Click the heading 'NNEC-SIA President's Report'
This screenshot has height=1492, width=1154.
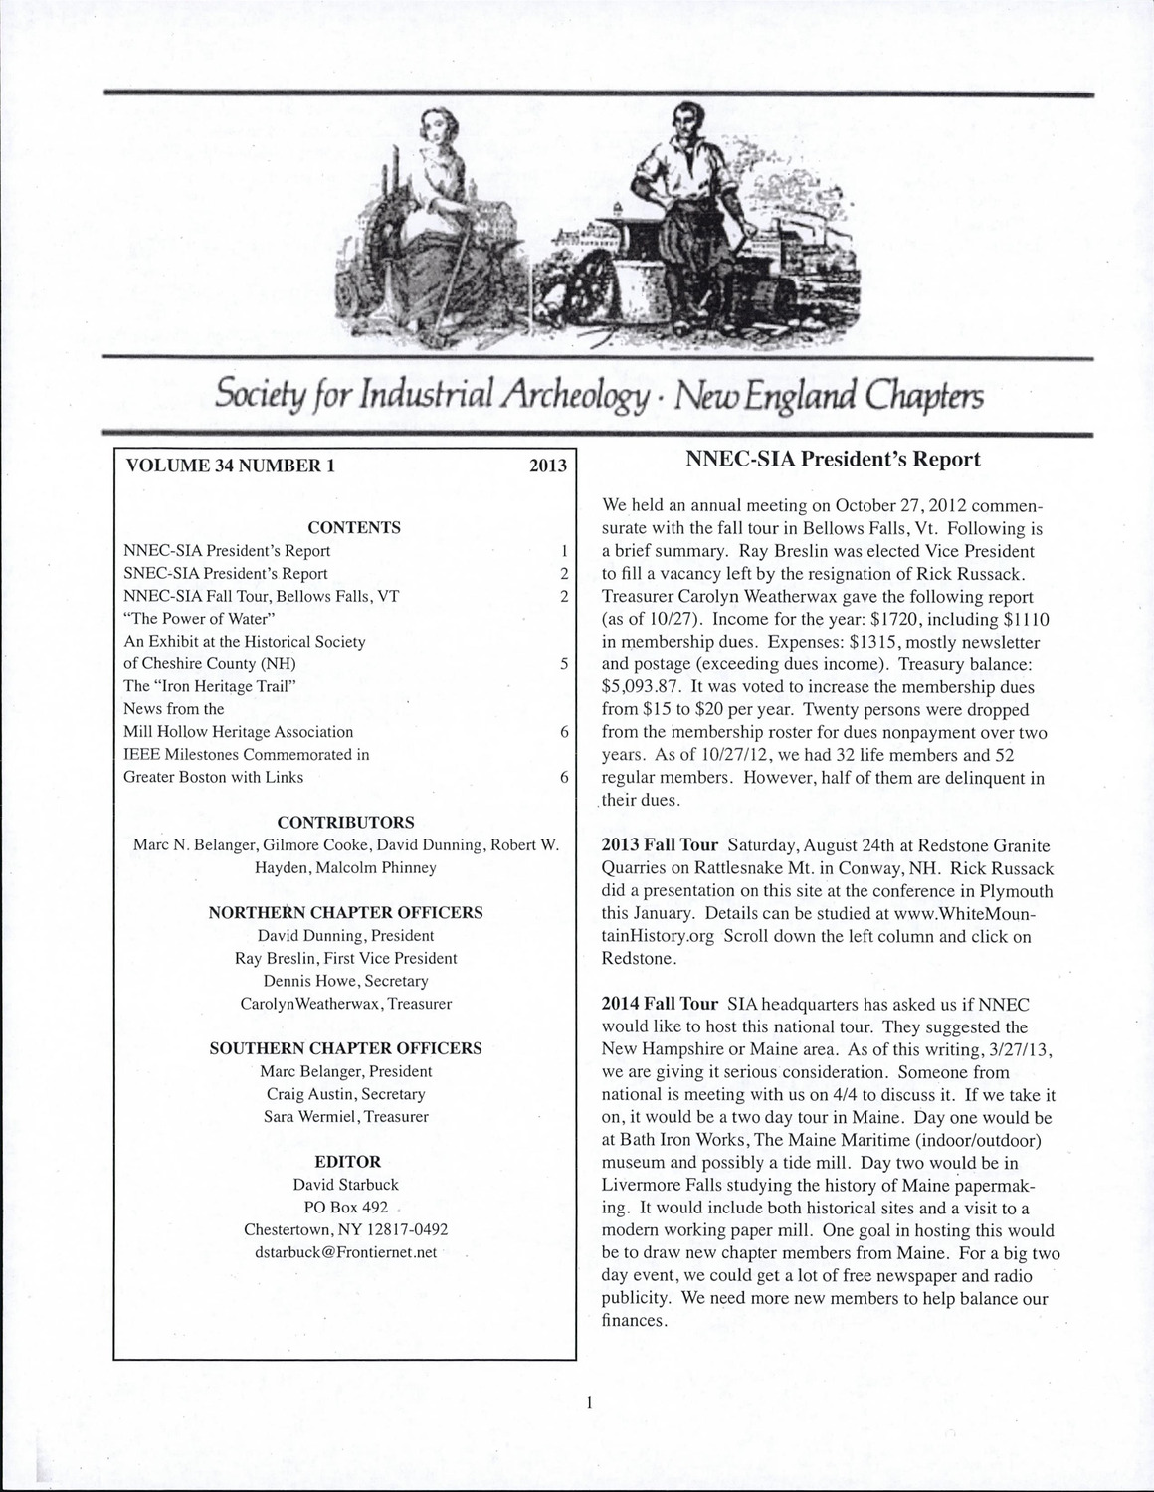point(833,460)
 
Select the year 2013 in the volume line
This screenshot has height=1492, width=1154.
point(548,466)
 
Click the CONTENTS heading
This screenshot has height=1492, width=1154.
point(354,527)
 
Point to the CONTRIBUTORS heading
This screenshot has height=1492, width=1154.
point(345,823)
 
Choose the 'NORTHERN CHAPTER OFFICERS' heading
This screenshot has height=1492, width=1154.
point(345,912)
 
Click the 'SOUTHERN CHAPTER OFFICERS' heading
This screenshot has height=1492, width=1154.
point(345,1048)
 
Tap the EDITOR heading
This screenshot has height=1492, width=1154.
point(347,1161)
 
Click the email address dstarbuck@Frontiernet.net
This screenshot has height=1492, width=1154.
point(346,1252)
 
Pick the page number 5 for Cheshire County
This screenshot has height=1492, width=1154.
point(564,663)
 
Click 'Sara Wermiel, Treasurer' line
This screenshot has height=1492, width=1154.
point(346,1117)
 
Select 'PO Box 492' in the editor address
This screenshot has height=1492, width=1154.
point(346,1207)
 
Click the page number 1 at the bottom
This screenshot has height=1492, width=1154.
point(589,1403)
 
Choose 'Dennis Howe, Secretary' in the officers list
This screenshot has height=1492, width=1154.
point(346,981)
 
